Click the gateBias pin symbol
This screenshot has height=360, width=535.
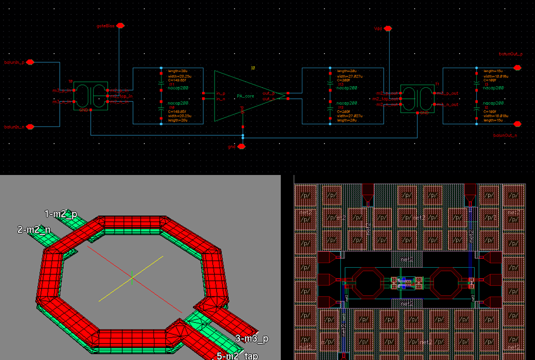pos(119,25)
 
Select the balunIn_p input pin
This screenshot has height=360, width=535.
pos(30,62)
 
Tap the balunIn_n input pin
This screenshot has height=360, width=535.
pos(30,127)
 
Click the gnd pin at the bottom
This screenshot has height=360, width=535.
pos(241,146)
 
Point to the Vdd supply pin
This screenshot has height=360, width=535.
pos(388,29)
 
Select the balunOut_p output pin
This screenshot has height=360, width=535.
pos(517,67)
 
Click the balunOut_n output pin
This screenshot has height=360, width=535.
pos(517,124)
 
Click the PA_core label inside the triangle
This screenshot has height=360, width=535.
pos(244,95)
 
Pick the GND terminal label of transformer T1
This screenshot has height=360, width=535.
pos(424,113)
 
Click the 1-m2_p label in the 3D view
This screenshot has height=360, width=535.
pos(61,214)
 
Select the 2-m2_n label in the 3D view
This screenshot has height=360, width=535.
pos(33,230)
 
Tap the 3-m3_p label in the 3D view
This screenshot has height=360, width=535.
pos(252,338)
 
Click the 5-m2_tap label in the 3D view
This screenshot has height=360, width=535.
pos(237,355)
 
